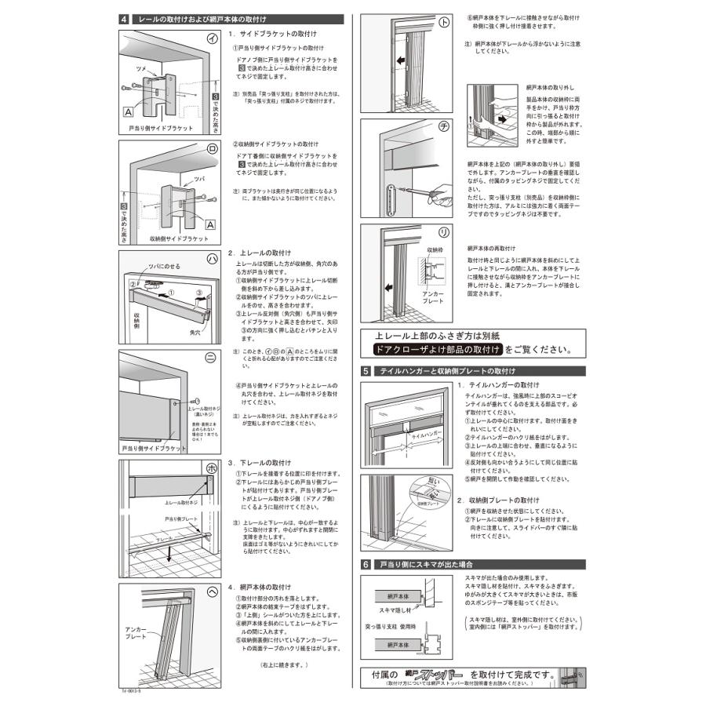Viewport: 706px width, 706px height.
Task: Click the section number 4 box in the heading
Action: click(x=126, y=18)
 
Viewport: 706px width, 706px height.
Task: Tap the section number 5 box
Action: click(x=366, y=370)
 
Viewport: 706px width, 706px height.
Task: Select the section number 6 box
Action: click(x=366, y=564)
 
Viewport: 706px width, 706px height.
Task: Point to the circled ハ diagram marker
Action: click(x=210, y=260)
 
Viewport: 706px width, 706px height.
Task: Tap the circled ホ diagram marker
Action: click(x=210, y=468)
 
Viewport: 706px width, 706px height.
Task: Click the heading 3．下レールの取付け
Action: click(x=259, y=463)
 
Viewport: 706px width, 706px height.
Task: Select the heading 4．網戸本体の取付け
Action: click(x=263, y=587)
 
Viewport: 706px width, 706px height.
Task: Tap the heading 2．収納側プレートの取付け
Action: click(x=498, y=500)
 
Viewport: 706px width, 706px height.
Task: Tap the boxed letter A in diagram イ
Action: click(x=127, y=112)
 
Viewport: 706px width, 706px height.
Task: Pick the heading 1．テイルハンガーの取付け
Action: click(x=498, y=385)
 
